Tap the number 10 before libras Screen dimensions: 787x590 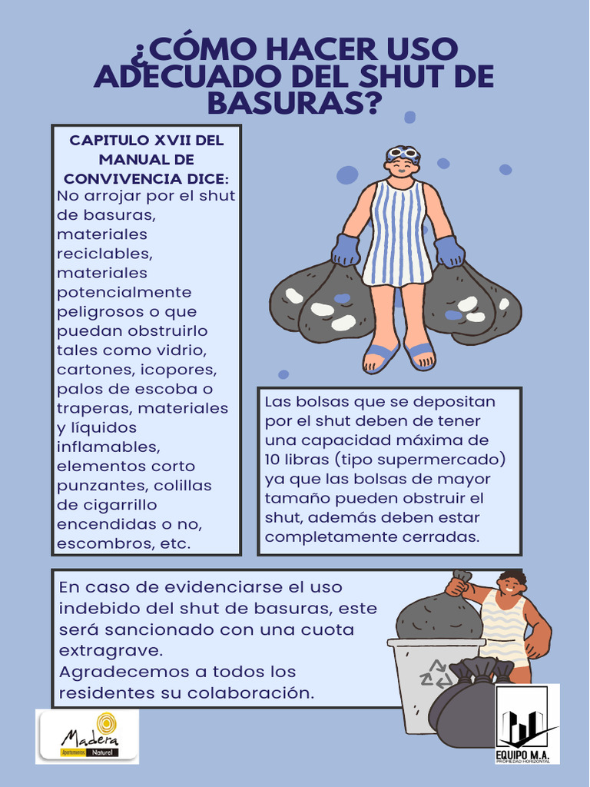click(x=273, y=460)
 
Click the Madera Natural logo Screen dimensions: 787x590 click(x=87, y=736)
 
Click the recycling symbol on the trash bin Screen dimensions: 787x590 click(x=435, y=674)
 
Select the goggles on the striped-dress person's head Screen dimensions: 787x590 click(x=402, y=153)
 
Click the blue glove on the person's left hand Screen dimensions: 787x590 click(x=449, y=251)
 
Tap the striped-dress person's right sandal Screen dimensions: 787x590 click(x=380, y=356)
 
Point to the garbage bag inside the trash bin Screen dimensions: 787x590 click(x=439, y=617)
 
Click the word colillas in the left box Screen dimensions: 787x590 click(x=182, y=486)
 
